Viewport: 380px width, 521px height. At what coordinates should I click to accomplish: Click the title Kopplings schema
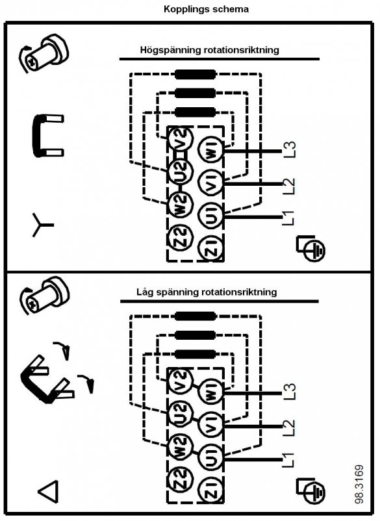[206, 9]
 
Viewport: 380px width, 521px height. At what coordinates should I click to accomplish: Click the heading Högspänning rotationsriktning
[209, 50]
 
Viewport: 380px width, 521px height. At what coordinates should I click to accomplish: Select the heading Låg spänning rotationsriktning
[207, 292]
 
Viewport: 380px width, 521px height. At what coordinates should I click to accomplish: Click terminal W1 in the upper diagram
[212, 151]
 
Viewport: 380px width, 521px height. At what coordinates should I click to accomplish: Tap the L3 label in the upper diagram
[289, 149]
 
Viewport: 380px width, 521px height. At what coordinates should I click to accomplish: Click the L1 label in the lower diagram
[288, 460]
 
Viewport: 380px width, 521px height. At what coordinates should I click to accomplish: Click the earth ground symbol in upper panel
[311, 248]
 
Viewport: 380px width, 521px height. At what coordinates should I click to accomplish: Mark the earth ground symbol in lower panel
[311, 490]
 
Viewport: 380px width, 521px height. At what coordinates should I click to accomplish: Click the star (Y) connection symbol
[42, 225]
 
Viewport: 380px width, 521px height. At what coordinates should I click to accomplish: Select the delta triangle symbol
[49, 491]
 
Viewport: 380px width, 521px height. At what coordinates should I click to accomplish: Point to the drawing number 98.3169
[359, 484]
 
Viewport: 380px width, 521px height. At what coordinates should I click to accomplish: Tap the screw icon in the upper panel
[44, 53]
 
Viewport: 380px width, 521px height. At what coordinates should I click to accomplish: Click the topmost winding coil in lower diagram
[196, 316]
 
